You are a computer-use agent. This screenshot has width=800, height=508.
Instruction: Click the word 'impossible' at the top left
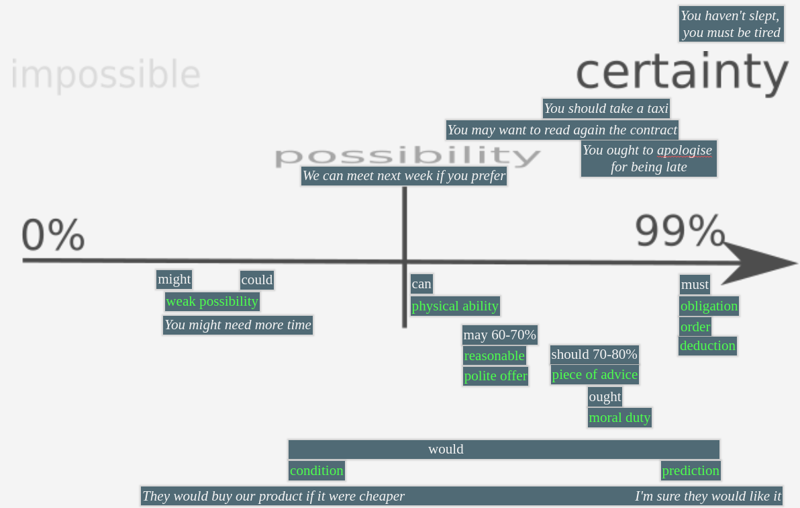(105, 74)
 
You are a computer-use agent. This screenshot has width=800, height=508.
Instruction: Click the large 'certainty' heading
(681, 73)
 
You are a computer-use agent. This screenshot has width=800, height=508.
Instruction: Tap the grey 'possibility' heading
(407, 156)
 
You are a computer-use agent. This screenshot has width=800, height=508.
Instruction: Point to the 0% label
(53, 235)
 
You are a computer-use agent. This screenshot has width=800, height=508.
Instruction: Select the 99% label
(680, 231)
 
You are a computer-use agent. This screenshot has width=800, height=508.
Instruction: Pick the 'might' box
(174, 280)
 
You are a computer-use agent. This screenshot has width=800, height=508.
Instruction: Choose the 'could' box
(257, 280)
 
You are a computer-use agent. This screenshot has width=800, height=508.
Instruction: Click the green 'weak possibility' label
(212, 302)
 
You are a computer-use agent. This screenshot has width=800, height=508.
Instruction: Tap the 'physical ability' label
(455, 306)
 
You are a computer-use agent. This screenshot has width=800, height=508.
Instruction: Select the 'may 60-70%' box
(499, 335)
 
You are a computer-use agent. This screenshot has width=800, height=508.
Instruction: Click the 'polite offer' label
(495, 376)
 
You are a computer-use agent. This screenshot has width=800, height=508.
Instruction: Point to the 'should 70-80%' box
(594, 354)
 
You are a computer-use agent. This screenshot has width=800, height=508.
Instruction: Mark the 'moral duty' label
(619, 418)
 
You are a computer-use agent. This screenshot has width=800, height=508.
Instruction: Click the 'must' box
(695, 285)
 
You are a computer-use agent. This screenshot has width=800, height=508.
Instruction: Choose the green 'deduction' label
(707, 346)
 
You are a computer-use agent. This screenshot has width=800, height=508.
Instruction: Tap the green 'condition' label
(317, 471)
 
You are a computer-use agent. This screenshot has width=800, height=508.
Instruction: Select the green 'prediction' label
(691, 471)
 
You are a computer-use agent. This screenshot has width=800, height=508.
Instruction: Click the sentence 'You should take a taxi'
(606, 108)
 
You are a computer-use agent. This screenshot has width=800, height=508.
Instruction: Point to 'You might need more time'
(238, 325)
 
